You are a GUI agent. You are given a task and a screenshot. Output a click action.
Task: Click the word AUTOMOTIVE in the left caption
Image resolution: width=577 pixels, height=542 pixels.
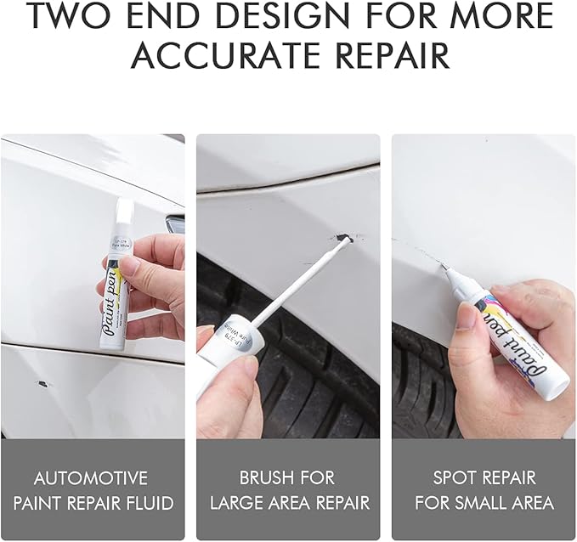click(x=92, y=478)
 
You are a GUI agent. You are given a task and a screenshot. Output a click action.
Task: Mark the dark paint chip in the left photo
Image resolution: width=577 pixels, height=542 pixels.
click(x=41, y=383)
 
